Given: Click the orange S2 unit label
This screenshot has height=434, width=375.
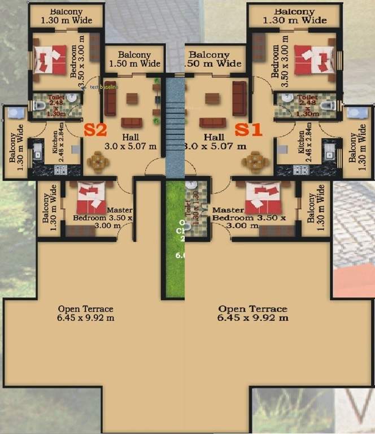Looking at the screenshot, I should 95,129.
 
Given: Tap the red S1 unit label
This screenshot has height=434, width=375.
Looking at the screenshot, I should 249,129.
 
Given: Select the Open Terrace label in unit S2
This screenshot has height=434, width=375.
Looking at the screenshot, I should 86,313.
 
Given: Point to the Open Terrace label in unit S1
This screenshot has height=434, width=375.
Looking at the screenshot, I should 253,313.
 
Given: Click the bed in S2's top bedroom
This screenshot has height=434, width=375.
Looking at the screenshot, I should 50,59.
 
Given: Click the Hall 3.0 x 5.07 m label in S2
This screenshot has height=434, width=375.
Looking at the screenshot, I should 130,142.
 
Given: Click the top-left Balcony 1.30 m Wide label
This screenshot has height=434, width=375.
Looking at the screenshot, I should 65,15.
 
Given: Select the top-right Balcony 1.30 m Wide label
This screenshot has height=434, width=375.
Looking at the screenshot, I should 295,16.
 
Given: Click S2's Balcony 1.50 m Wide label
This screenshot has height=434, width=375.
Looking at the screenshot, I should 134,59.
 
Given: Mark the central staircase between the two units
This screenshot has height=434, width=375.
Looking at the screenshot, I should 175,127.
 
